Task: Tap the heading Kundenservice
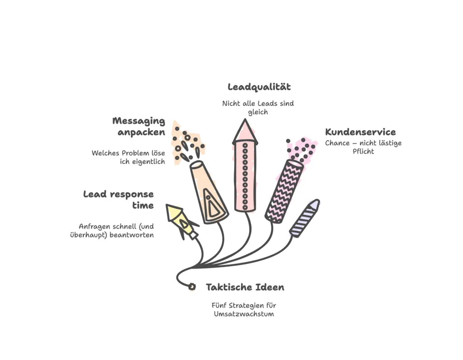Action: coord(360,132)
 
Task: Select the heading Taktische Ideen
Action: coord(245,287)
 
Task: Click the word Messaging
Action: coord(139,121)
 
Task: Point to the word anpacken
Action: coord(141,132)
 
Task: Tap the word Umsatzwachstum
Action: coord(244,313)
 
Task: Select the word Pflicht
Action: coord(363,151)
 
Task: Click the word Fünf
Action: coord(220,305)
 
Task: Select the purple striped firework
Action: coord(304,218)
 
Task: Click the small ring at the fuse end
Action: coord(192,286)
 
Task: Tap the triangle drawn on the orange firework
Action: coord(211,205)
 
